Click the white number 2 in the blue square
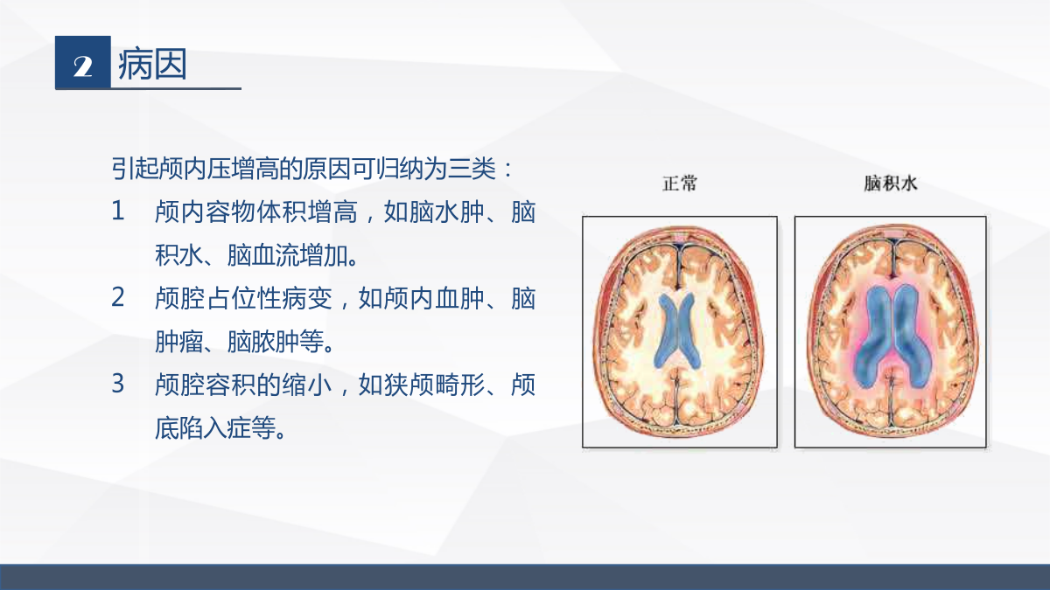82,66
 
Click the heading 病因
153,64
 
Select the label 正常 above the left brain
680,183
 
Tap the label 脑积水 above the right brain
890,183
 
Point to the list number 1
117,211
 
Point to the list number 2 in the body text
117,297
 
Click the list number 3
117,384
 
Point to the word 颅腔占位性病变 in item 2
244,298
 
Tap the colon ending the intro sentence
508,170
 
